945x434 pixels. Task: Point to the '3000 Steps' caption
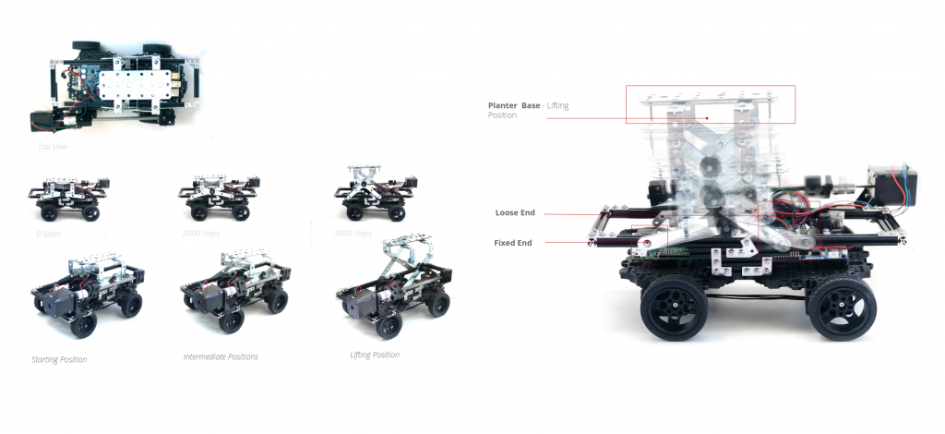tap(354, 234)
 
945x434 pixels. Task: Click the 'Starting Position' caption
tap(59, 359)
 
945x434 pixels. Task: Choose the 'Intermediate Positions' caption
tap(221, 356)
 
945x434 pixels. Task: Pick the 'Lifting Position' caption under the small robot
tap(375, 355)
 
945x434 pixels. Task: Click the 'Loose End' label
tap(515, 213)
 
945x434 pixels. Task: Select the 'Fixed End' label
tap(513, 243)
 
